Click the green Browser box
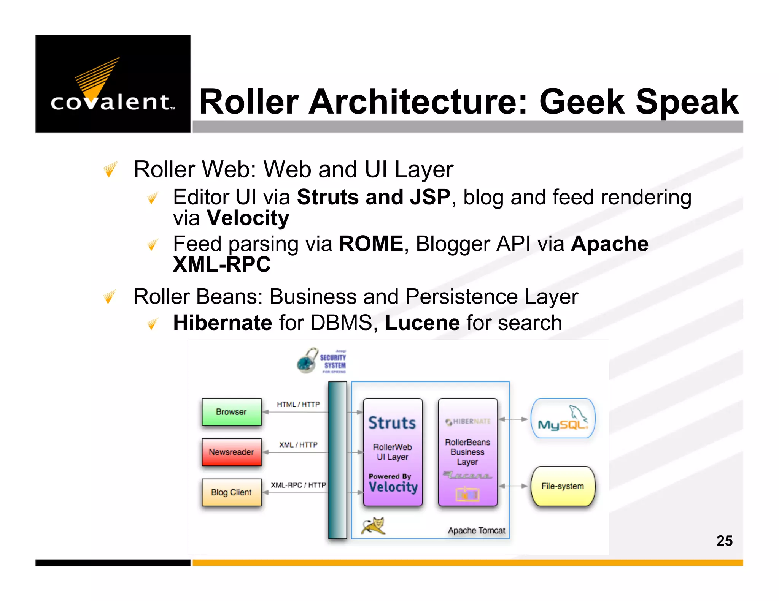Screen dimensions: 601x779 click(231, 412)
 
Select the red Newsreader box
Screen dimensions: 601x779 click(231, 452)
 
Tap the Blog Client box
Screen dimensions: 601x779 click(231, 492)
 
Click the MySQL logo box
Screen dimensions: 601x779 click(563, 419)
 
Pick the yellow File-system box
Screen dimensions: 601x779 click(563, 486)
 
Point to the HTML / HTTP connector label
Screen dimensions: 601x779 click(298, 405)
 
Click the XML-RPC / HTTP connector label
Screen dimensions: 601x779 click(298, 485)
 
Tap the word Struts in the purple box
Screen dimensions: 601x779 click(392, 423)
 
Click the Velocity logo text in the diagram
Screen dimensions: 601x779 click(393, 487)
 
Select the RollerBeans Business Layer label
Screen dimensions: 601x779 click(467, 452)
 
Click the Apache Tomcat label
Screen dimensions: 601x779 click(477, 531)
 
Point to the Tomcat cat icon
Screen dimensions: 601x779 click(374, 526)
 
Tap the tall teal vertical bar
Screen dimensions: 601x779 click(337, 460)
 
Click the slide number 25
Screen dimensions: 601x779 click(724, 541)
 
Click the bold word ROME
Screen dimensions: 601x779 click(371, 244)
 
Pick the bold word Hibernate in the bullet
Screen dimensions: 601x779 click(223, 323)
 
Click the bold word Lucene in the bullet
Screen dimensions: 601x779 click(422, 323)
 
